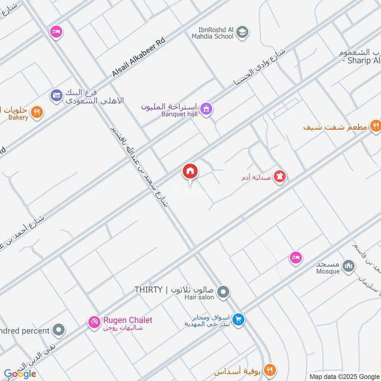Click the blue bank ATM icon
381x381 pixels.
point(57,96)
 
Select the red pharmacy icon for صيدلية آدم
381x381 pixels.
point(281,177)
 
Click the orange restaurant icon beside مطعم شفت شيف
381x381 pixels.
point(376,126)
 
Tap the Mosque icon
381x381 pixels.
point(349,265)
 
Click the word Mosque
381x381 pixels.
point(328,271)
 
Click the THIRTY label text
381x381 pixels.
point(149,290)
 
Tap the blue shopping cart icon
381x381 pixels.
point(239,320)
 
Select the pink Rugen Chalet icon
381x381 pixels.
point(94,322)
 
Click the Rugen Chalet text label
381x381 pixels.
point(128,321)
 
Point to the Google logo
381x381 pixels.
point(20,374)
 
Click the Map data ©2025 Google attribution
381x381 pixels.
point(344,376)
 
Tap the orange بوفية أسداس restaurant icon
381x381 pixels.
point(270,370)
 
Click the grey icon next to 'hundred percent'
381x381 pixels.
point(59,330)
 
